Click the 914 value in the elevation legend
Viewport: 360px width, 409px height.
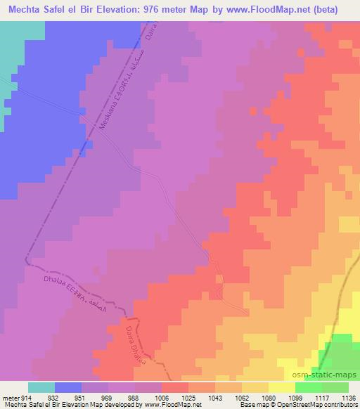tap(26, 397)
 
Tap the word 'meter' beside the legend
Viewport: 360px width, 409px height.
tap(10, 397)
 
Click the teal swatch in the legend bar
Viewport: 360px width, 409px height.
tap(42, 387)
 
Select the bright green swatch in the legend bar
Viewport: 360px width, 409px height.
tap(309, 387)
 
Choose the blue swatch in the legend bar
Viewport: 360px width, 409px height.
tap(68, 387)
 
